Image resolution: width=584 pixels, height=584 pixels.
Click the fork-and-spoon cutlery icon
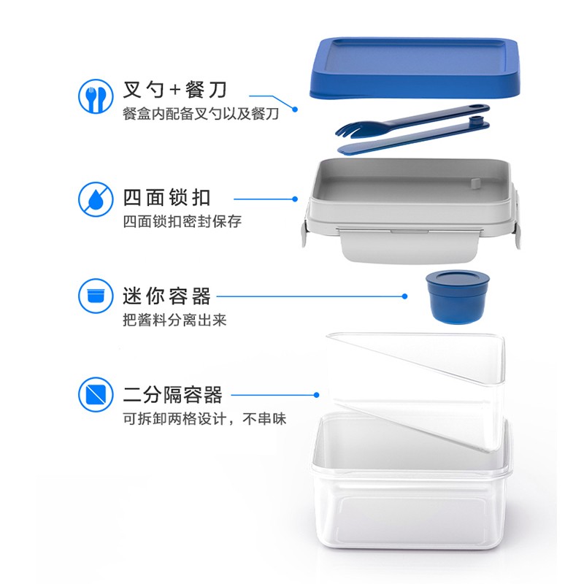[96, 96]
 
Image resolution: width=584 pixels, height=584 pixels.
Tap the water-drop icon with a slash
[96, 199]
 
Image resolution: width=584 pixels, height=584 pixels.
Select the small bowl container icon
[96, 296]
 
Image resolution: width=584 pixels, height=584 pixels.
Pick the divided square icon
[96, 394]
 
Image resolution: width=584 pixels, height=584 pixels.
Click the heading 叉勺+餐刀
[174, 90]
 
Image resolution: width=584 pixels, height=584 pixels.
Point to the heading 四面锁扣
[167, 197]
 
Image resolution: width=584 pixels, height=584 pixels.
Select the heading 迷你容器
[167, 296]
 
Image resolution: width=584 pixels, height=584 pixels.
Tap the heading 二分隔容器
[173, 395]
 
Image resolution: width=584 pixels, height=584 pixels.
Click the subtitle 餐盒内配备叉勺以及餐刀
[201, 114]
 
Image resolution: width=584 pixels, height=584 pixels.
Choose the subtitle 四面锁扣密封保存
[182, 222]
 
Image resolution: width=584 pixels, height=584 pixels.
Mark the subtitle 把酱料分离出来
[174, 320]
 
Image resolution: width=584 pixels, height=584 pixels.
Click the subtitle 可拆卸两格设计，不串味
[204, 419]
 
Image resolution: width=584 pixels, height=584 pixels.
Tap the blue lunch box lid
[414, 68]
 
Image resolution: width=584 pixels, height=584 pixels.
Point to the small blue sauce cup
[458, 297]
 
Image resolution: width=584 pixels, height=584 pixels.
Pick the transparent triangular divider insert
[415, 391]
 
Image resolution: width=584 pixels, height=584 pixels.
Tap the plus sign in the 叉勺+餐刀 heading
[174, 90]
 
